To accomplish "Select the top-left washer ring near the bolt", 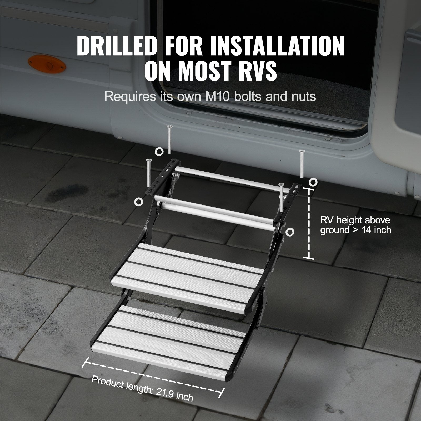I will (159, 151).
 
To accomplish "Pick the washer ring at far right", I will (313, 182).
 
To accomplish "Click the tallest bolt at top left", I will (169, 139).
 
